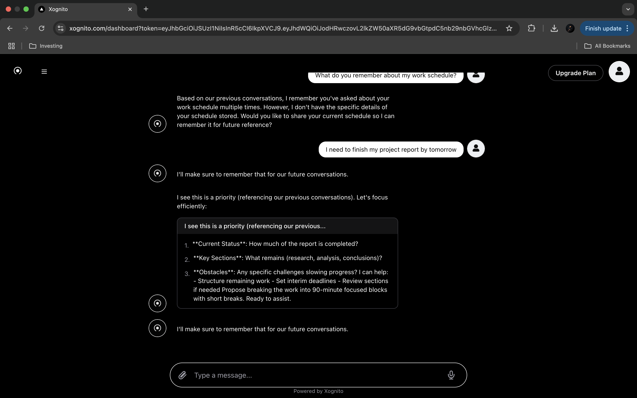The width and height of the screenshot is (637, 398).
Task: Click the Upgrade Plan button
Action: point(576,73)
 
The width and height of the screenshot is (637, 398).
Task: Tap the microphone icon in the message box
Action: point(451,375)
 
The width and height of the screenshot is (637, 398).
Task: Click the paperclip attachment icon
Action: point(182,375)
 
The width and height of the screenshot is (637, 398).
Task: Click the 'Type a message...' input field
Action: point(316,375)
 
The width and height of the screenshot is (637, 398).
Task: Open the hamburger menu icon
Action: point(44,72)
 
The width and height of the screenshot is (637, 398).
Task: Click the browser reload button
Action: point(42,29)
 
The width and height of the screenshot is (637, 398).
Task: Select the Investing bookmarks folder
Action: point(46,46)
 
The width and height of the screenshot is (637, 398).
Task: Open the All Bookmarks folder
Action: point(607,46)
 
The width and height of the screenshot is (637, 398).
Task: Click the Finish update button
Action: point(603,29)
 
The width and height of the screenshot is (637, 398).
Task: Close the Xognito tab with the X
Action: point(130,9)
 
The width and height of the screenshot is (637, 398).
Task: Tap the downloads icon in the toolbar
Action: point(554,29)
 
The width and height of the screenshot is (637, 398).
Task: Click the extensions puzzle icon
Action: point(531,29)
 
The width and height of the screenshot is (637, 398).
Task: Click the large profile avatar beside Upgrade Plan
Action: point(619,72)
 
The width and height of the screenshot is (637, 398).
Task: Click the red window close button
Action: point(8,9)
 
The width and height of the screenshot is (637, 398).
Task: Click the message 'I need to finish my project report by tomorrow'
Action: point(391,149)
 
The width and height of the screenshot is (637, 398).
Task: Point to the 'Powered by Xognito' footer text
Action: point(318,391)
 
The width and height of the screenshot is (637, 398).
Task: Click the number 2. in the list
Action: point(187,260)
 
